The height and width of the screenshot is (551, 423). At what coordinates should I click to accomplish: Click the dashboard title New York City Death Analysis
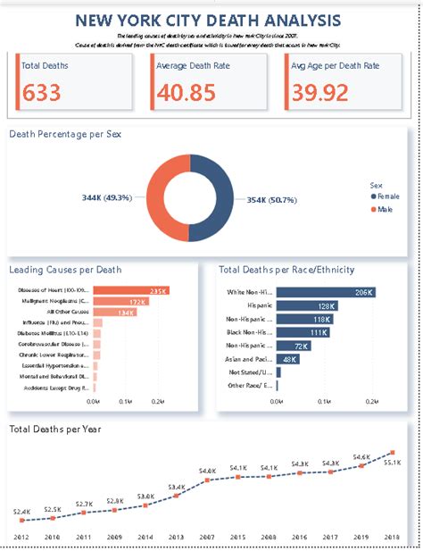point(207,19)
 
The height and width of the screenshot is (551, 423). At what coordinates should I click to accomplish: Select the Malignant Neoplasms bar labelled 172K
point(120,303)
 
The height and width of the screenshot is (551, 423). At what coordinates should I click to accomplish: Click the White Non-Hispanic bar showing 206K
point(327,291)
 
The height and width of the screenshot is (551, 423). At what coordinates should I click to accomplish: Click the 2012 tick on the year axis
point(23,537)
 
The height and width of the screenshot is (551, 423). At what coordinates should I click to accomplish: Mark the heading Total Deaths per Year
point(55,430)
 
